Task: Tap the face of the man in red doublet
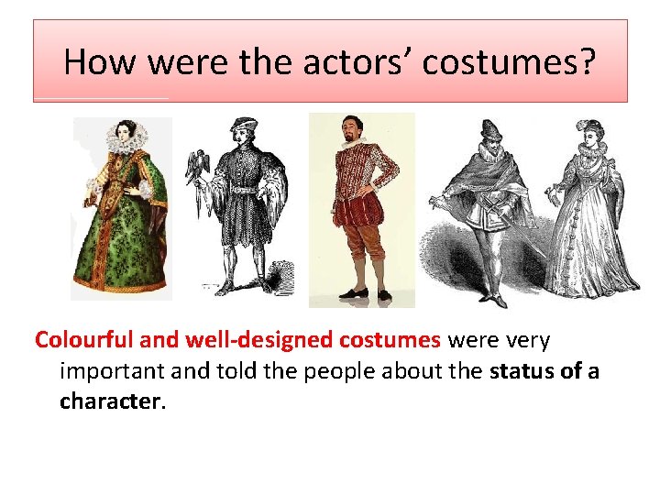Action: [x=350, y=128]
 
